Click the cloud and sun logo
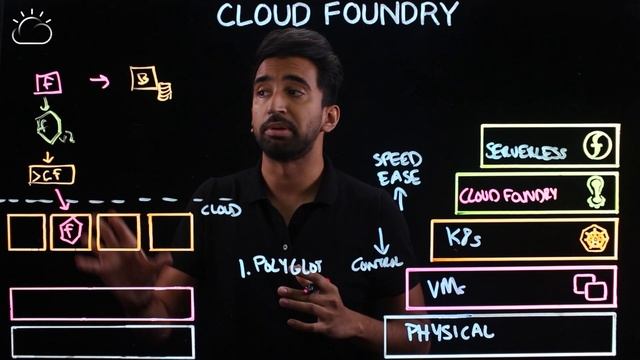click(31, 27)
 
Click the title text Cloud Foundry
click(337, 14)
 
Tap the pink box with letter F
click(47, 83)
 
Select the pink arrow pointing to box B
click(100, 81)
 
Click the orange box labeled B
click(145, 79)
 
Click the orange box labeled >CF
click(51, 176)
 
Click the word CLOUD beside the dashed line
click(221, 210)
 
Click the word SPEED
click(397, 159)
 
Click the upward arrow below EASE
click(400, 198)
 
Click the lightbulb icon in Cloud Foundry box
click(597, 192)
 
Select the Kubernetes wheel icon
click(594, 238)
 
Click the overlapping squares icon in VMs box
click(590, 287)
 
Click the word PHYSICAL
click(450, 331)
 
